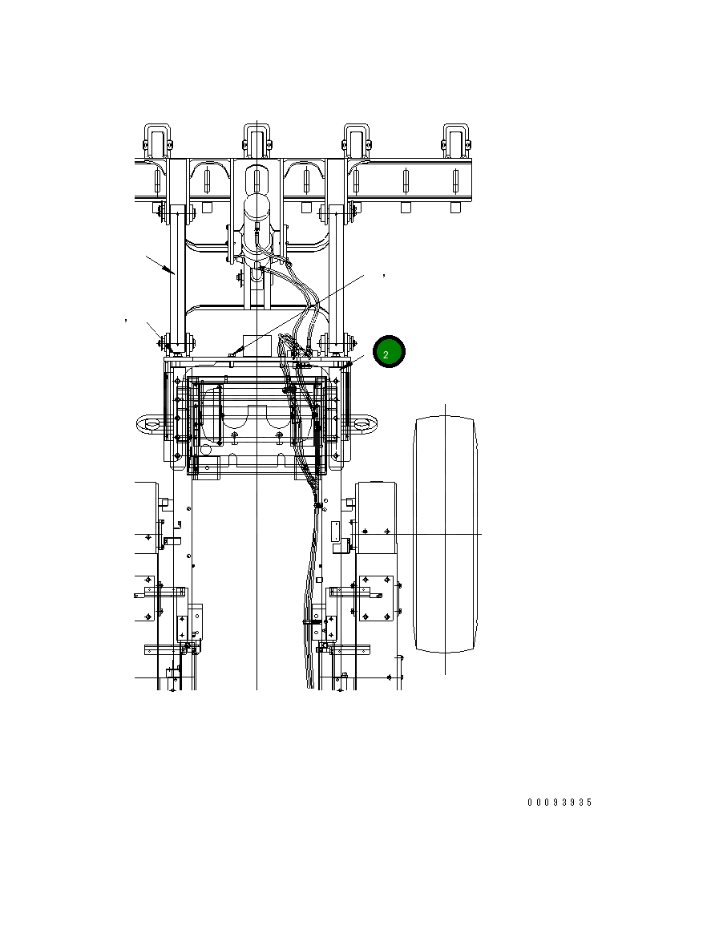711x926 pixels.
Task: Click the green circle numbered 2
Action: pyautogui.click(x=389, y=352)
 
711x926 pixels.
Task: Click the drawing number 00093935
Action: pyautogui.click(x=560, y=803)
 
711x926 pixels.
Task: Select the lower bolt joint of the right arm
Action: pyautogui.click(x=336, y=343)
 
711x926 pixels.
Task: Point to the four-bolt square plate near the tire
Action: pyautogui.click(x=375, y=597)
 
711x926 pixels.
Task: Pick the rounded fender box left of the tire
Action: pyautogui.click(x=376, y=517)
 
